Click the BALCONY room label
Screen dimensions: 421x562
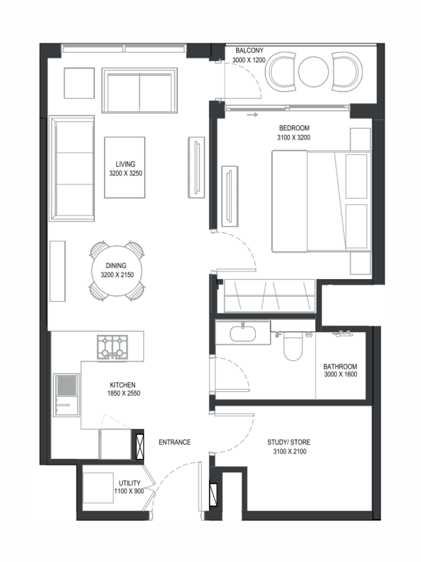(249, 51)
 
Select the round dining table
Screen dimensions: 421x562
(117, 271)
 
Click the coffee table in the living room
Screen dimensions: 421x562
(125, 168)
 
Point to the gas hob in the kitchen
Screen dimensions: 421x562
(112, 347)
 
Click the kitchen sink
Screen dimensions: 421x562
(66, 395)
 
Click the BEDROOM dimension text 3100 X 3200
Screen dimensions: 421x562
(294, 138)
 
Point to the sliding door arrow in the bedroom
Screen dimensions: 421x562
(253, 115)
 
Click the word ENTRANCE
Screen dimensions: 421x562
(174, 442)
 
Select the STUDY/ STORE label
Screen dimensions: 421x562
(289, 442)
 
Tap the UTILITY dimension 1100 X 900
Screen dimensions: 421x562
(129, 491)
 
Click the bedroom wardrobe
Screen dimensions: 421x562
(270, 296)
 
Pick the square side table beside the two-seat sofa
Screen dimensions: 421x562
(79, 83)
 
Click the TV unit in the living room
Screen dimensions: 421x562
(196, 168)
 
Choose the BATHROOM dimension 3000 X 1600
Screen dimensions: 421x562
(341, 374)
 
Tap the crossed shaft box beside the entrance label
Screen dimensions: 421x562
(140, 446)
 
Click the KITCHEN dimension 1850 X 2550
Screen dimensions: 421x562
(123, 393)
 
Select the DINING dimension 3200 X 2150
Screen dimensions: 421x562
(117, 275)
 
